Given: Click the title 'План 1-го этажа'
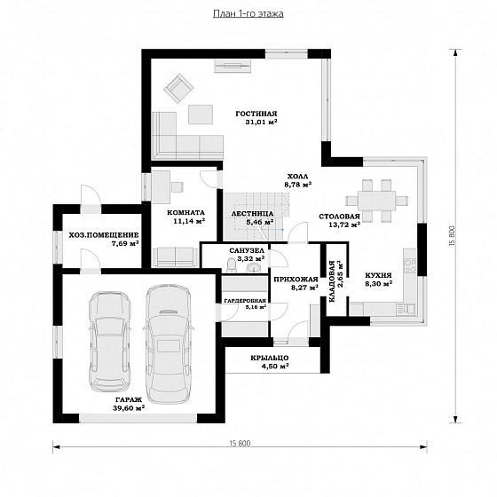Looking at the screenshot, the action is [x=248, y=14].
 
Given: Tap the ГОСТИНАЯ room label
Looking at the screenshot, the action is [x=256, y=114].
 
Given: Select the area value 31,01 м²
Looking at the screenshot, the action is [x=261, y=122].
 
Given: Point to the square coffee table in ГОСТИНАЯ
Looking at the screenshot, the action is [x=201, y=114].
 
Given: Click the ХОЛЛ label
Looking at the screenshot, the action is [x=297, y=177].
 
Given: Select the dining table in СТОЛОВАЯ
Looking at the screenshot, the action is [x=376, y=201].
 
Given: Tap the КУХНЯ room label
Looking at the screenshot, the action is [x=378, y=275].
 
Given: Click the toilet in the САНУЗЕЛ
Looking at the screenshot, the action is [x=232, y=264].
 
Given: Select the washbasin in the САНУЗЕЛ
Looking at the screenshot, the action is [x=254, y=268].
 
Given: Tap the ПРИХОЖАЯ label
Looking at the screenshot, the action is [x=296, y=280].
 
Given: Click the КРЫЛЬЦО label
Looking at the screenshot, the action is [x=270, y=358].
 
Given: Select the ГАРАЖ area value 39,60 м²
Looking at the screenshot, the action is [x=129, y=408].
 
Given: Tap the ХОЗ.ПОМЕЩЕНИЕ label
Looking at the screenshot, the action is [x=104, y=235].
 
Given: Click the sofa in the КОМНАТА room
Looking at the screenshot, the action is [x=176, y=257].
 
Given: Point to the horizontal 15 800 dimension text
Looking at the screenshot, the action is [x=240, y=443].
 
